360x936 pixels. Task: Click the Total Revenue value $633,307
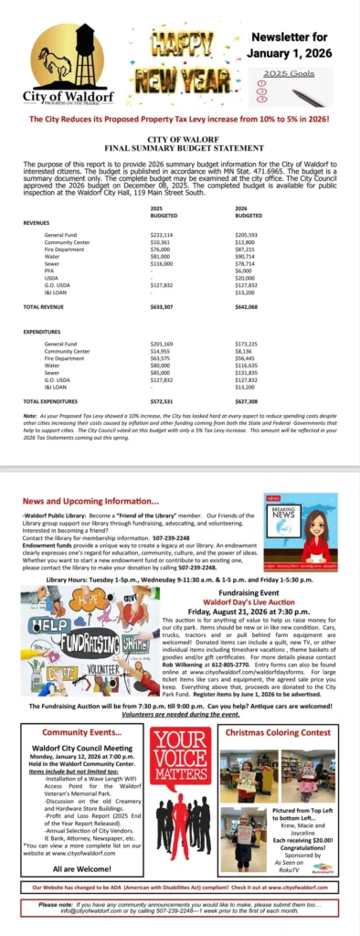click(163, 308)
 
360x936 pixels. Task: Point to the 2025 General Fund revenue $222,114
click(162, 235)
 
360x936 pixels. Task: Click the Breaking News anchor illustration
click(301, 533)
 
